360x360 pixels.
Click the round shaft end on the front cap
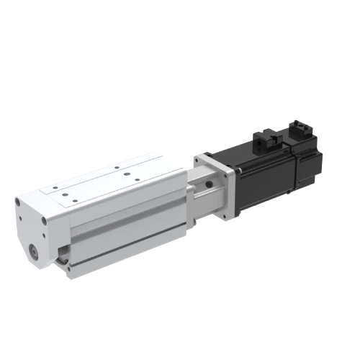tap(34, 251)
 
